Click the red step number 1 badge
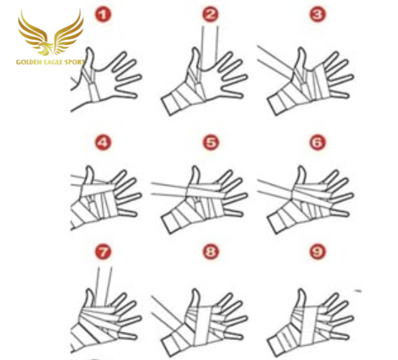[103, 15]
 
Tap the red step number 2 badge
[210, 14]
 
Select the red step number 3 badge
[317, 14]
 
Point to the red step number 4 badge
[103, 143]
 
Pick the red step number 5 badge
[210, 142]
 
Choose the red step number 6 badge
[317, 142]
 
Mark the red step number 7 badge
[103, 252]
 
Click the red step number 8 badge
[210, 251]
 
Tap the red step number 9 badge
[317, 251]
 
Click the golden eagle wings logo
[51, 33]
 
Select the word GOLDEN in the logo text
[27, 62]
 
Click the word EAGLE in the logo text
[52, 62]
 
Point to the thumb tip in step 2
[196, 49]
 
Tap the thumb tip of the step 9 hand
[301, 290]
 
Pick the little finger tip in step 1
[135, 96]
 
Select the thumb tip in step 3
[302, 49]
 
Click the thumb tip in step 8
[195, 290]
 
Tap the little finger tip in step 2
[241, 96]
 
